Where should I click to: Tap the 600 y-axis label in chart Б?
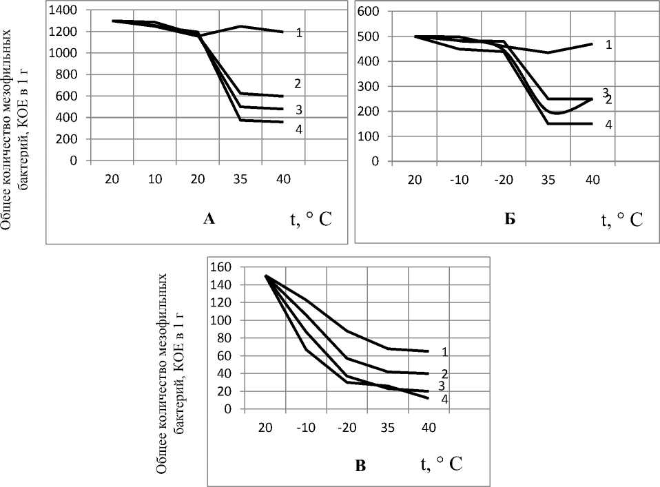(370, 11)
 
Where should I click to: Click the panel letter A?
(211, 220)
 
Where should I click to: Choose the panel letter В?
(360, 466)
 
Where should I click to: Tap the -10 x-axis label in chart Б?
(458, 180)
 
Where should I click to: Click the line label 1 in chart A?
(299, 32)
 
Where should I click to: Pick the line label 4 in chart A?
(299, 128)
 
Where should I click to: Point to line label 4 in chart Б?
(608, 125)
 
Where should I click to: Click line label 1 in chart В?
(445, 351)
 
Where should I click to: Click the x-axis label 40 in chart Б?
(592, 180)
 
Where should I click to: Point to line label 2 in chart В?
(445, 374)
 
